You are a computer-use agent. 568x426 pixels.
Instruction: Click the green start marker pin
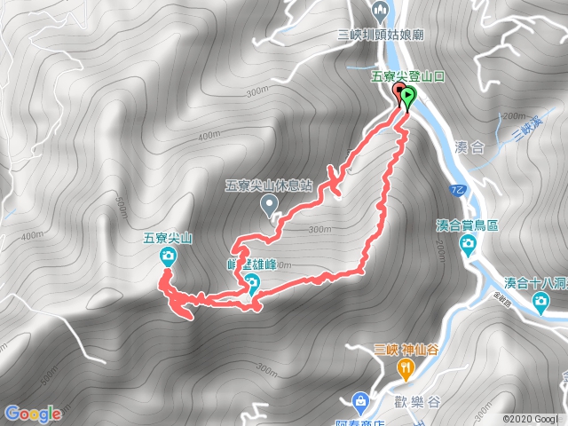point(408,97)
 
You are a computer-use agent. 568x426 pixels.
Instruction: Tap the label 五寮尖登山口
point(407,77)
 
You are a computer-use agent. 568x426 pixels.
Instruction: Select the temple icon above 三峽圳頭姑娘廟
point(381,13)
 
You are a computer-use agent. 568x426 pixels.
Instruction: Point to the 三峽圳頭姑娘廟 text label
point(381,35)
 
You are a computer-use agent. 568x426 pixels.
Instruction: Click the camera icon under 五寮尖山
point(168,257)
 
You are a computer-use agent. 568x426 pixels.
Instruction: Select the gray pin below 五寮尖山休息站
point(270,206)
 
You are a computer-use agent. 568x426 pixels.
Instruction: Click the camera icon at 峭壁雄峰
point(252,284)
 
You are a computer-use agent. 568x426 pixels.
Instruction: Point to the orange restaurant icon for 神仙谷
point(406,367)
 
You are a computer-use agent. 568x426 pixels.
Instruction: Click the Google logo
point(33,414)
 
